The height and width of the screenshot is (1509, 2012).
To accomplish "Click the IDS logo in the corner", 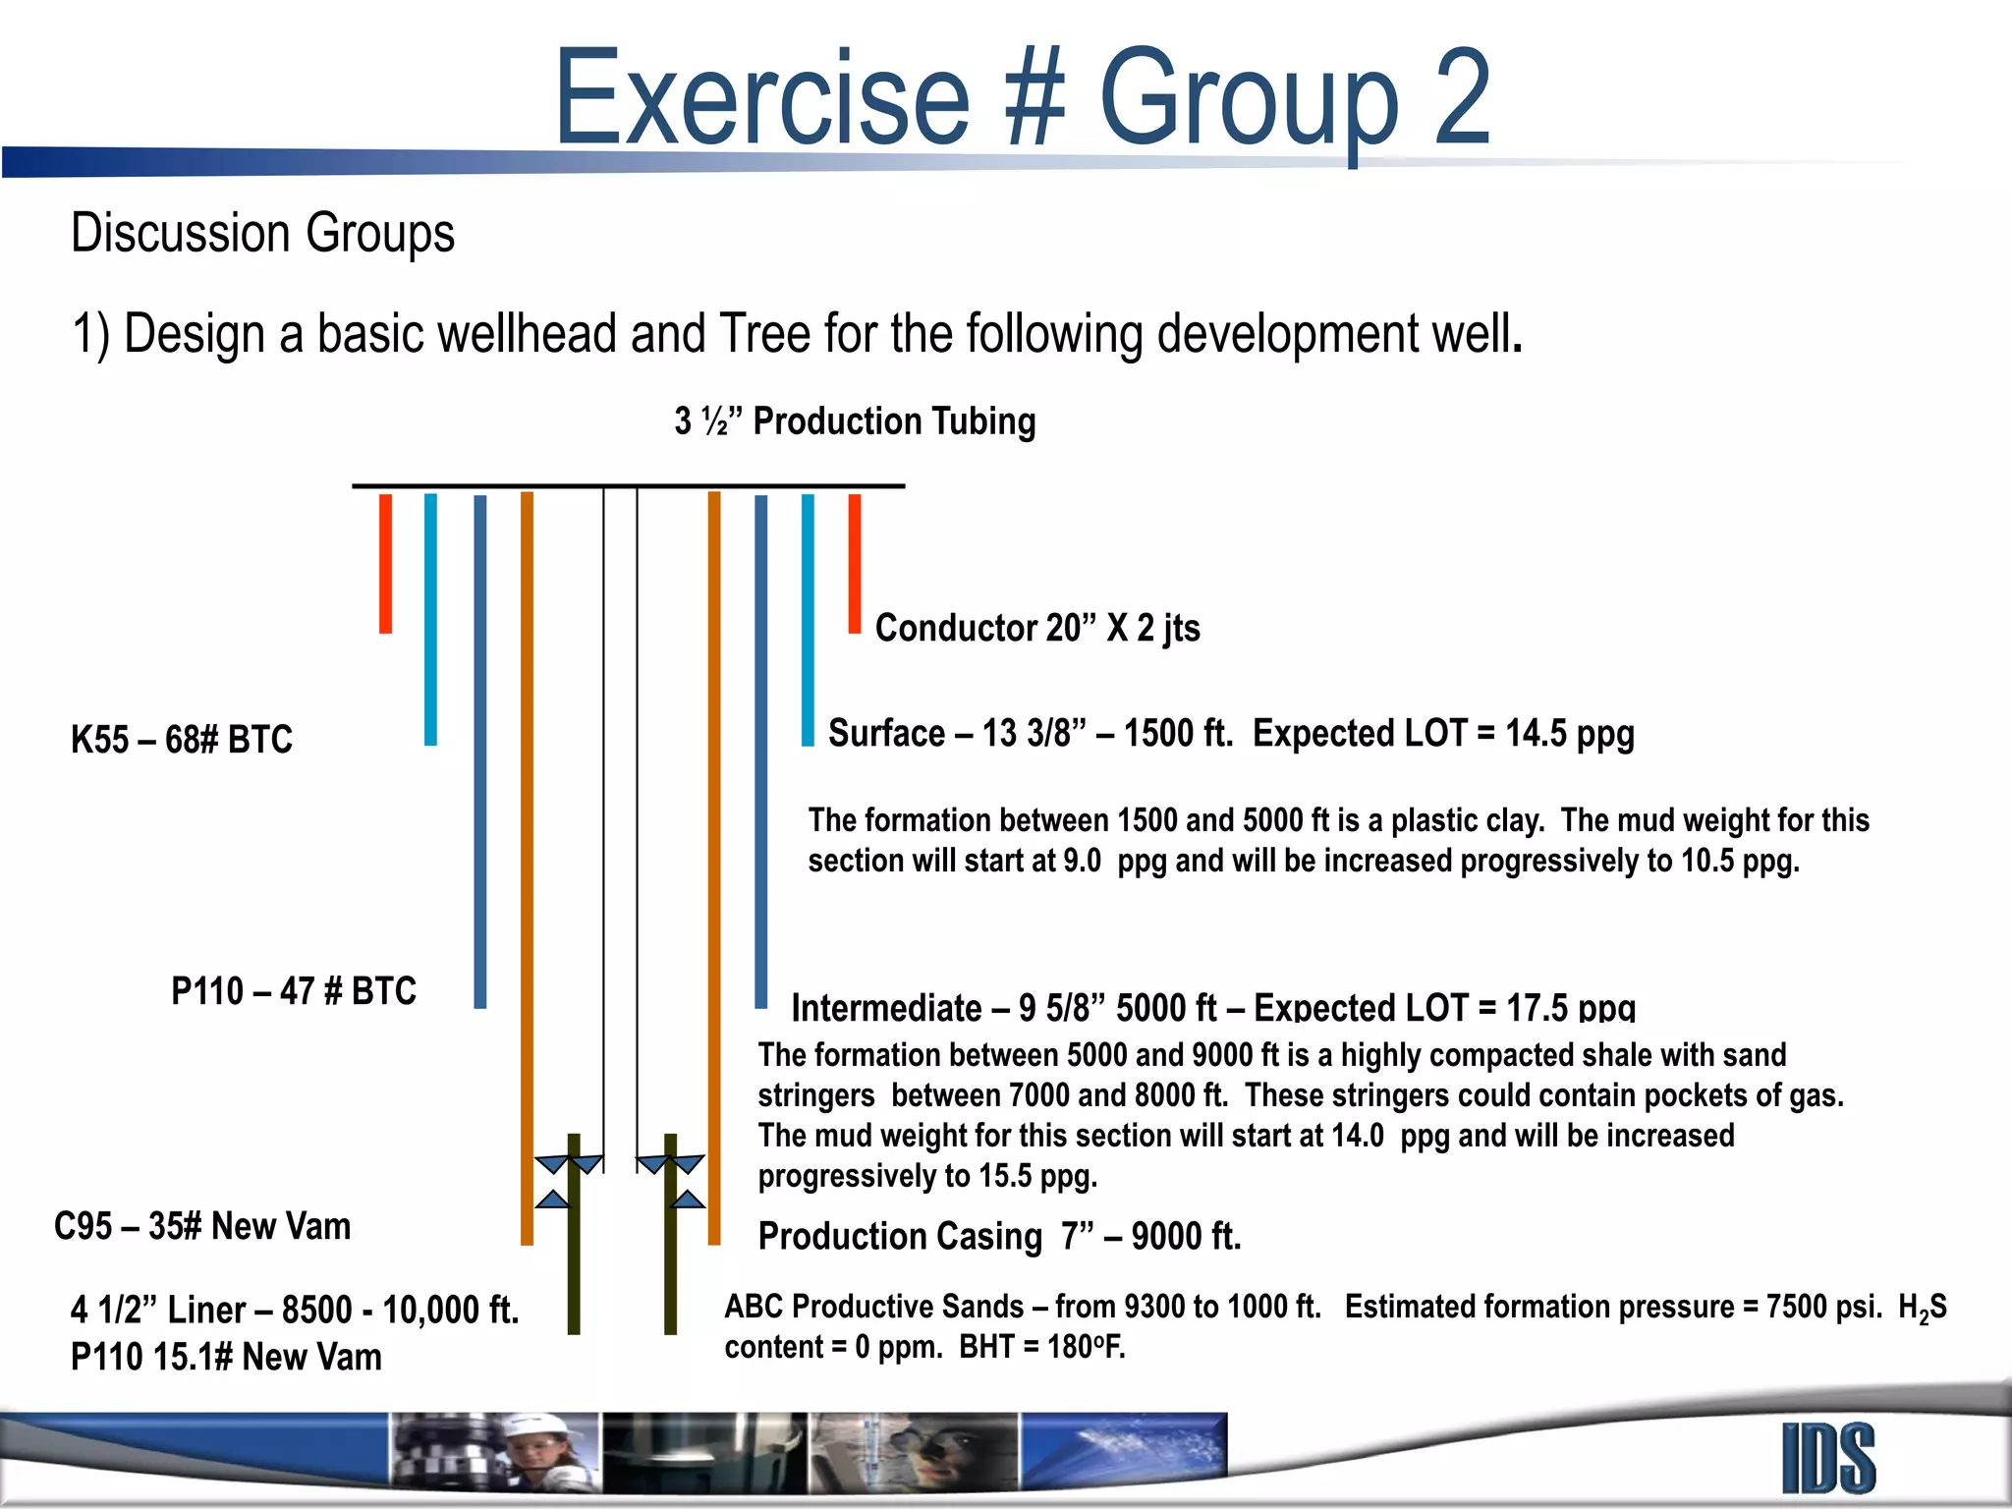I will coord(1828,1459).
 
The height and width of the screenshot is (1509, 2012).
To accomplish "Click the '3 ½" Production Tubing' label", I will coord(855,421).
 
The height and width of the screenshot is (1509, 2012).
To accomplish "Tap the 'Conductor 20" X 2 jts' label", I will coord(1037,628).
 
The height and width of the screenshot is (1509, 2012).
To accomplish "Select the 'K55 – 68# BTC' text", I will coord(182,740).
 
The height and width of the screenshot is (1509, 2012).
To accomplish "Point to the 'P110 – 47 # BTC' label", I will coord(294,991).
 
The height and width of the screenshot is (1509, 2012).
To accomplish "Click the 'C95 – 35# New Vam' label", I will coord(202,1227).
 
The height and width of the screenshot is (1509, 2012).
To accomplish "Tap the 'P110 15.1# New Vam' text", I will coord(226,1358).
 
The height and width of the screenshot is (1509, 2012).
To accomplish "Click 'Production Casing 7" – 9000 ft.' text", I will coord(999,1237).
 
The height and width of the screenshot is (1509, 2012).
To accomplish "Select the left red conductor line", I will coord(385,563).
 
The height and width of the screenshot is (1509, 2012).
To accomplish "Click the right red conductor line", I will coord(855,563).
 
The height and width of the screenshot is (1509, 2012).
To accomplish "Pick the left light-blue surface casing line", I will coord(430,619).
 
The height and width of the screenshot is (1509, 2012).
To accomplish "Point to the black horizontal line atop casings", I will coord(629,485).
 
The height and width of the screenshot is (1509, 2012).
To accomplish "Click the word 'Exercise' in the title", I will coord(761,98).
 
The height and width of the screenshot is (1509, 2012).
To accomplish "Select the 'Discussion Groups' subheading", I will coord(262,234).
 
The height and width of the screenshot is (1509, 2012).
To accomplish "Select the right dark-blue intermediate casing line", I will coord(760,752).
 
